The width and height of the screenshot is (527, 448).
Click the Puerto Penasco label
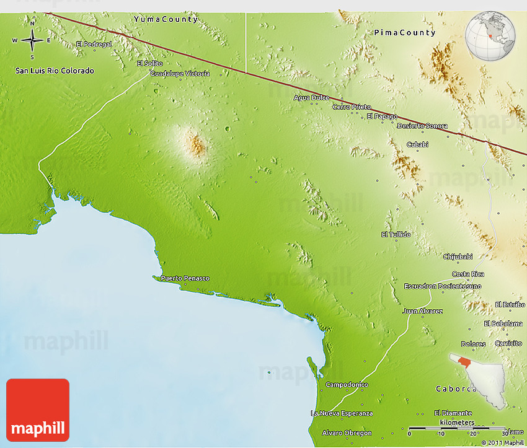click(185, 278)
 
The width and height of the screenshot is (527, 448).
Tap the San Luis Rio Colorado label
click(55, 71)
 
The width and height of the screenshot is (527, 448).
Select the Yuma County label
click(166, 19)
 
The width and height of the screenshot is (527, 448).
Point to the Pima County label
click(405, 32)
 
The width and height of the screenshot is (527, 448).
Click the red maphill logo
click(38, 410)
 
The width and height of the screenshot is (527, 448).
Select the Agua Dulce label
click(311, 97)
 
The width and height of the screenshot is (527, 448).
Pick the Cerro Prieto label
click(352, 107)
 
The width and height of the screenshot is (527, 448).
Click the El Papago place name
click(382, 116)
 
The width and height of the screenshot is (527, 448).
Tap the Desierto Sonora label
click(422, 126)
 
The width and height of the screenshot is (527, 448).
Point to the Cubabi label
click(417, 144)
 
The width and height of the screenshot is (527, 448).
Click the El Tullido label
click(396, 234)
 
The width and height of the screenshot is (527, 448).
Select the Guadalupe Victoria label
click(180, 73)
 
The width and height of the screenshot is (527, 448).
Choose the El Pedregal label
click(94, 44)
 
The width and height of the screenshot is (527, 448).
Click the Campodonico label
click(347, 385)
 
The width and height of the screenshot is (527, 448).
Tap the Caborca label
click(456, 389)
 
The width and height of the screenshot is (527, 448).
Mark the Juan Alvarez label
click(422, 310)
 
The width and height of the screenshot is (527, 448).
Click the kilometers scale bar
click(456, 428)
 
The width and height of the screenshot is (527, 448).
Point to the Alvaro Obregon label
click(347, 433)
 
